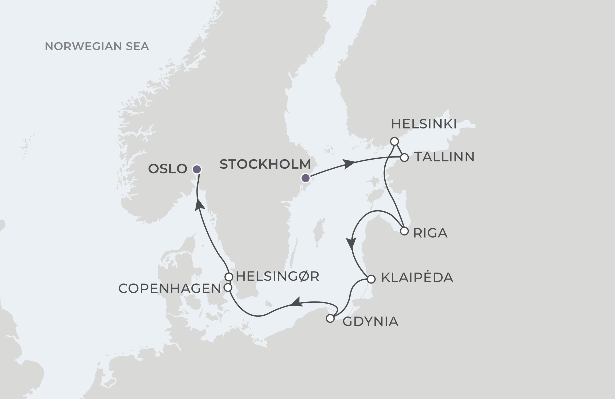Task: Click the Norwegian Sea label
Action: [x=97, y=46]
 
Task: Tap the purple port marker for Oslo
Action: [x=197, y=170]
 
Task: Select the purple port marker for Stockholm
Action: [x=305, y=178]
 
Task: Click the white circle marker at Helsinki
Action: [x=394, y=141]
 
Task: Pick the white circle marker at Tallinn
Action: [x=404, y=157]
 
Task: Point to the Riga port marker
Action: [x=404, y=231]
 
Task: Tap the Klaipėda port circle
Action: [x=371, y=279]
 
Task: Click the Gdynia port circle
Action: [x=330, y=319]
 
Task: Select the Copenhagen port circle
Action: [x=228, y=288]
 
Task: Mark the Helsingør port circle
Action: [x=229, y=277]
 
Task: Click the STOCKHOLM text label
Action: [x=265, y=164]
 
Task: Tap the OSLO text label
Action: [x=167, y=169]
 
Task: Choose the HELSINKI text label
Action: [x=424, y=124]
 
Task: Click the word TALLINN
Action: [x=444, y=157]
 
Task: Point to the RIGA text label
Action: [x=430, y=233]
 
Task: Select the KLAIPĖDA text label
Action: [x=417, y=277]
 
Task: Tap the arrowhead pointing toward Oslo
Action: [x=199, y=204]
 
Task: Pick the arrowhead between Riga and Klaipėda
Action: [x=351, y=243]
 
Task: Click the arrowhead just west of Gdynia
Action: [x=297, y=303]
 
